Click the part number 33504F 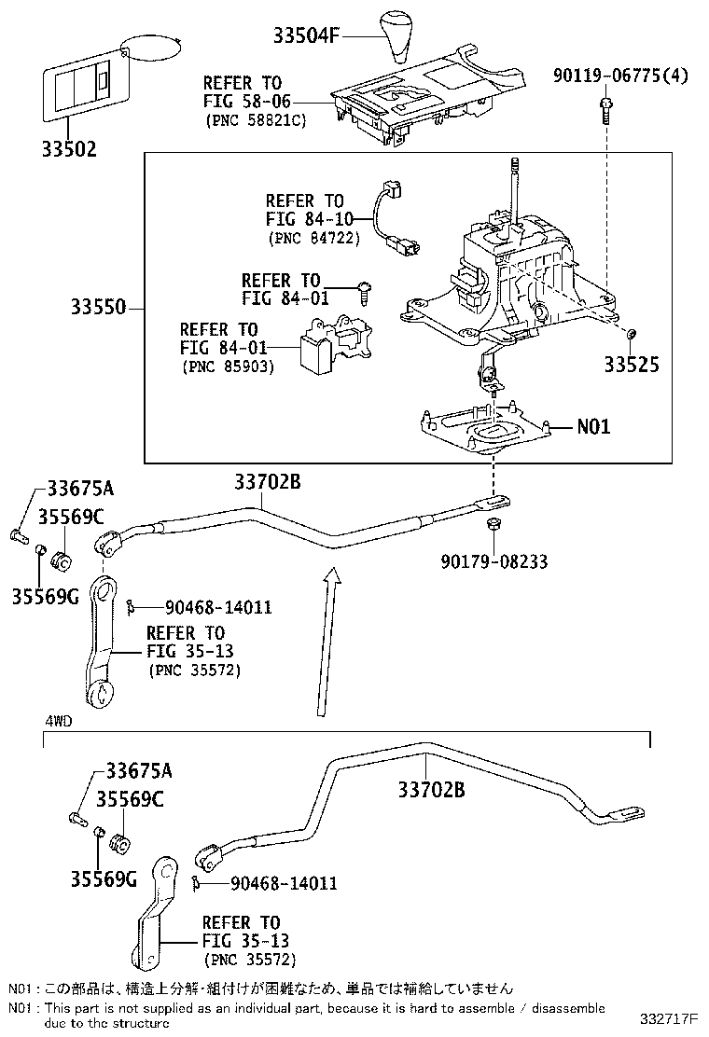305,36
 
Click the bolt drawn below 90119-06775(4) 605,110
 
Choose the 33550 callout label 97,307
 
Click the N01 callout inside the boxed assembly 592,427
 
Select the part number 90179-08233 494,561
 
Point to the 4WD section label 59,721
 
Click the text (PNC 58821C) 256,121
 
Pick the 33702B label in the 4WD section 431,790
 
